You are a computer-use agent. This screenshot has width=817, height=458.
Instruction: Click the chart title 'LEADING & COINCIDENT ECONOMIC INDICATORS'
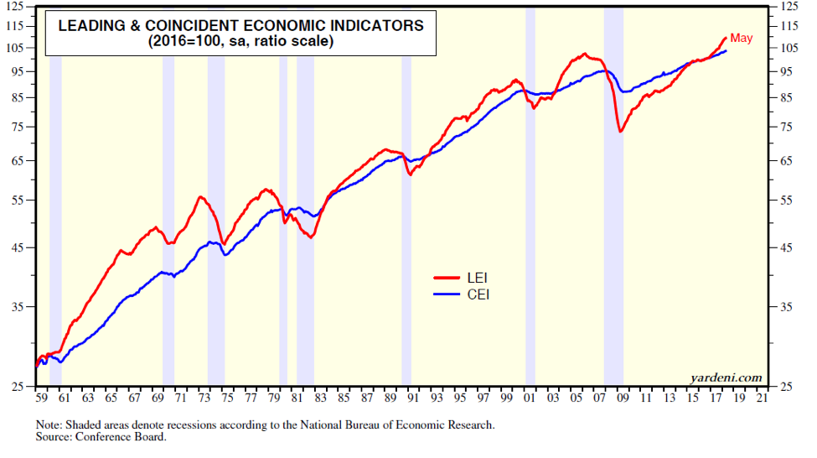(240, 25)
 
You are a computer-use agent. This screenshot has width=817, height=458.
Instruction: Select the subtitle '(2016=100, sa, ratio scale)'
(240, 41)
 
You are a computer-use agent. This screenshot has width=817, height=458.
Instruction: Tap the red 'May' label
(742, 39)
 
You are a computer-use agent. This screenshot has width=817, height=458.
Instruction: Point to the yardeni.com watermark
(727, 377)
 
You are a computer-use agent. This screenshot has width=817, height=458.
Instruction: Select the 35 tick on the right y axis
(786, 307)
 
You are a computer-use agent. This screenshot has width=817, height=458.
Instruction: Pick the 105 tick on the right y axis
(789, 47)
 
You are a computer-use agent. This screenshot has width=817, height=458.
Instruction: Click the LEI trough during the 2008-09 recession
(620, 132)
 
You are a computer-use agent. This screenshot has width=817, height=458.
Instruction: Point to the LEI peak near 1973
(201, 196)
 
